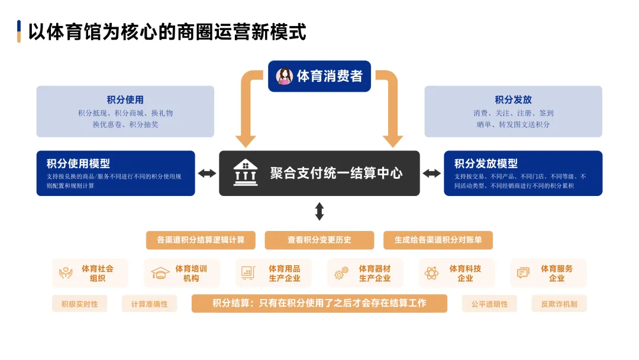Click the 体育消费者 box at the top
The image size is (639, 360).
(319, 76)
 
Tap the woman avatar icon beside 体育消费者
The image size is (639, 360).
(285, 76)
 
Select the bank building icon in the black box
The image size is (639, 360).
(245, 172)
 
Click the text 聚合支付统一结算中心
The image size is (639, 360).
(336, 173)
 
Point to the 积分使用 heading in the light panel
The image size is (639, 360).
(125, 99)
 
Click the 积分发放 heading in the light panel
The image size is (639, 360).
(513, 99)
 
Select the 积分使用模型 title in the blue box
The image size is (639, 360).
(78, 163)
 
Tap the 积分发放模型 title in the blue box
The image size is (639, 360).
(486, 163)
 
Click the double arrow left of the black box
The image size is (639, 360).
(207, 173)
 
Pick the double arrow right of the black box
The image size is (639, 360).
(431, 173)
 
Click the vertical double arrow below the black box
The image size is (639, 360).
(319, 211)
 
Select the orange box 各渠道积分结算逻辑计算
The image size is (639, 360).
(201, 240)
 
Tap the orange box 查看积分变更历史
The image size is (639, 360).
(319, 240)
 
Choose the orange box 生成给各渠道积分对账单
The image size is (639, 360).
(438, 240)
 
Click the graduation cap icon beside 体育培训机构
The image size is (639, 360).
(160, 274)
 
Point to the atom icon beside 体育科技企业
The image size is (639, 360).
(431, 274)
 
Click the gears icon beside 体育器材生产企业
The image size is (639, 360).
(341, 274)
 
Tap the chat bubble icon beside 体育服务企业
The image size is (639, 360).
(523, 274)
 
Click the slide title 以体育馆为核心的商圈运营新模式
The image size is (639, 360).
(167, 31)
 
